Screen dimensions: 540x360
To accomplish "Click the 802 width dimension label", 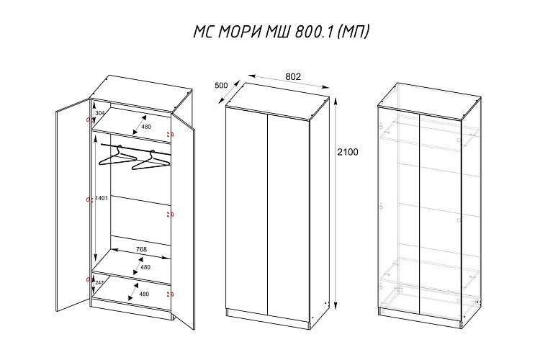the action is point(293,76).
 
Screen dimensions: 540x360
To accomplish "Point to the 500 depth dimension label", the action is point(221,86).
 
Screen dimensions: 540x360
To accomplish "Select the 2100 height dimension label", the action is point(347,152).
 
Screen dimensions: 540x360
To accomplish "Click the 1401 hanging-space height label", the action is point(102,199).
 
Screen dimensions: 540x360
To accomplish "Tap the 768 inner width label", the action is point(141,249).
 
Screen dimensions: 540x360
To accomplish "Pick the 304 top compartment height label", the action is point(99,113).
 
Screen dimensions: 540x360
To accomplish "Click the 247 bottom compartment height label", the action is point(99,282).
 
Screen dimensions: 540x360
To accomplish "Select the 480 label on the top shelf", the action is point(146,127).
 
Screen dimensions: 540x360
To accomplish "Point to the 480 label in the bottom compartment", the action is point(144,294).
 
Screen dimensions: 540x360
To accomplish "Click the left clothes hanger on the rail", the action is point(117,157).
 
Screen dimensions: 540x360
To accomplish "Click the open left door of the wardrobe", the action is point(73,205).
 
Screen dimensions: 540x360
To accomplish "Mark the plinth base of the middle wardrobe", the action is point(268,320).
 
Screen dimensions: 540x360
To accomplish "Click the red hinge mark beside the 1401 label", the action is point(90,199).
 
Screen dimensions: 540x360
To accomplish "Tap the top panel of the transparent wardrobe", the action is point(429,102).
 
